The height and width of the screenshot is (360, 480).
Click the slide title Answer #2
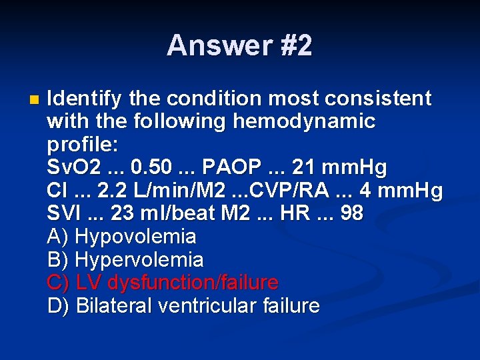[x=239, y=46]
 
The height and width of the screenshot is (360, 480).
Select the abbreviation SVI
[x=63, y=214]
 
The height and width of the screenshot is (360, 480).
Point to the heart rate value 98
[x=350, y=214]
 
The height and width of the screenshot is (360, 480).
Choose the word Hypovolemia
[x=136, y=237]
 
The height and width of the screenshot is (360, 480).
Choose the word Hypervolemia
[x=140, y=260]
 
